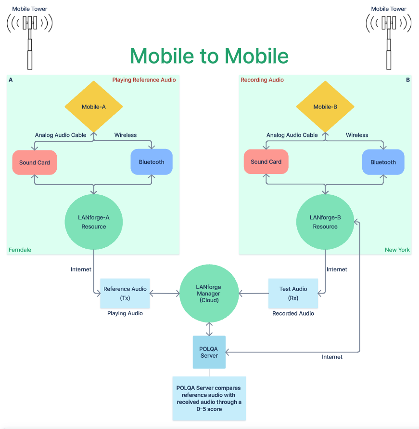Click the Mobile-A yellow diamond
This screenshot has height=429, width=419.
(94, 107)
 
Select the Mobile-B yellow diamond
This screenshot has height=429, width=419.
(325, 107)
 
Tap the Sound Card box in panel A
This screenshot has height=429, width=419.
(35, 162)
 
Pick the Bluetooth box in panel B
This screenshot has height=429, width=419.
(383, 162)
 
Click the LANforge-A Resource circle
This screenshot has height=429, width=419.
(94, 222)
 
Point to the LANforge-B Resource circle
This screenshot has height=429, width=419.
(325, 222)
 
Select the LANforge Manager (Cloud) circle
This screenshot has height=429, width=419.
(209, 293)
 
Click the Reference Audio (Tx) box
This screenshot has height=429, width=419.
(125, 293)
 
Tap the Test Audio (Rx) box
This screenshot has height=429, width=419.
(293, 293)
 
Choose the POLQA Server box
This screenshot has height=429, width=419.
(209, 352)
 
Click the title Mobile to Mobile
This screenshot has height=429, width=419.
(209, 56)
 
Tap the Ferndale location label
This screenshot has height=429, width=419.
(20, 250)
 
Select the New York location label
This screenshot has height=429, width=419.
(397, 250)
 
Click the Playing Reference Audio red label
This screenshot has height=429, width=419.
(144, 80)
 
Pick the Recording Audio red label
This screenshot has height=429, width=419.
(262, 80)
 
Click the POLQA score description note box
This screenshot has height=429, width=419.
(209, 398)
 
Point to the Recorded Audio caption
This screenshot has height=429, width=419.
(293, 313)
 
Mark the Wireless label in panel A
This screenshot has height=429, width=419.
(126, 135)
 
